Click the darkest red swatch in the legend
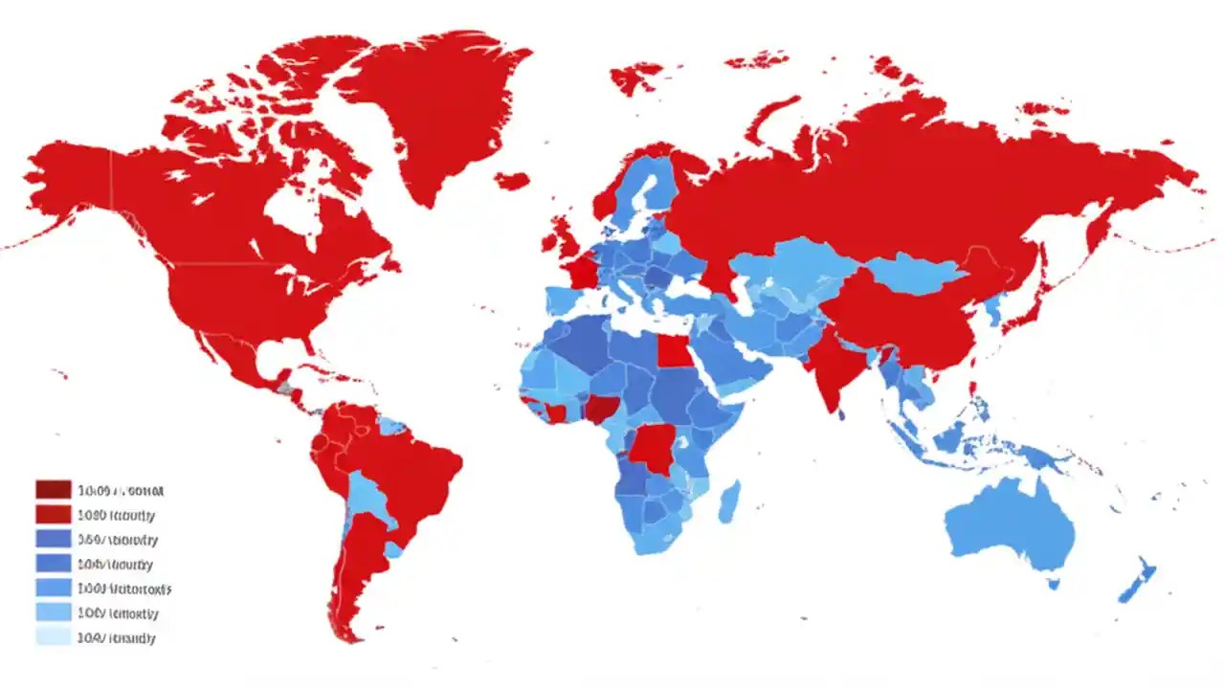click(x=54, y=490)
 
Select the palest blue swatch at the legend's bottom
click(x=54, y=637)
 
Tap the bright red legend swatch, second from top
click(x=54, y=515)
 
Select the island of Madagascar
click(x=729, y=502)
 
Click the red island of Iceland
click(x=513, y=180)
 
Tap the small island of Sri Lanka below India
click(x=841, y=415)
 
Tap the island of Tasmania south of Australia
click(x=1054, y=582)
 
